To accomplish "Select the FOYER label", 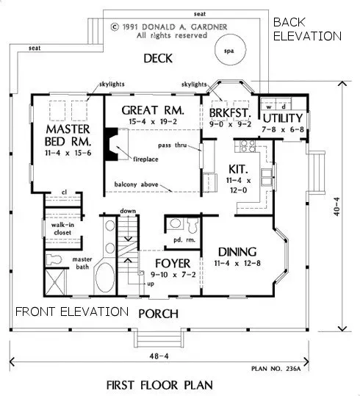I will coord(173,262).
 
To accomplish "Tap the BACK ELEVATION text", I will coord(306,29).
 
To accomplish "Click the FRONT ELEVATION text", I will coord(71,311).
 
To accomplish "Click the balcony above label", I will coord(137,184).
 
